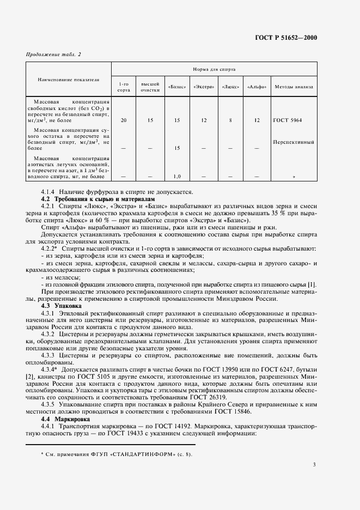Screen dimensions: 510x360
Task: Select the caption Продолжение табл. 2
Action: click(53, 54)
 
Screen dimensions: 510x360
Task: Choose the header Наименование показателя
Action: click(69, 80)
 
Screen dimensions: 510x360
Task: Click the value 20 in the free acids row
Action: click(124, 120)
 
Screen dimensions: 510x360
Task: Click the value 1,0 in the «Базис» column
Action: click(176, 177)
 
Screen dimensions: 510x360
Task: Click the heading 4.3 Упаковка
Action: click(61, 306)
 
